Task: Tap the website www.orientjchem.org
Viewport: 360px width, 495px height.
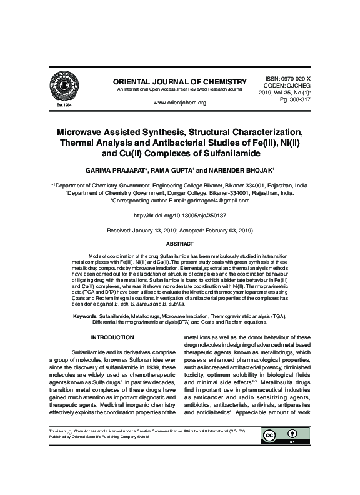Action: (179, 102)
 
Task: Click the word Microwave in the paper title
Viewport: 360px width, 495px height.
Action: (89, 134)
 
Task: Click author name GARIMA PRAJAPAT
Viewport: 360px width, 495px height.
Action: (118, 171)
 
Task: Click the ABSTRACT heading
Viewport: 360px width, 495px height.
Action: (179, 244)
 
